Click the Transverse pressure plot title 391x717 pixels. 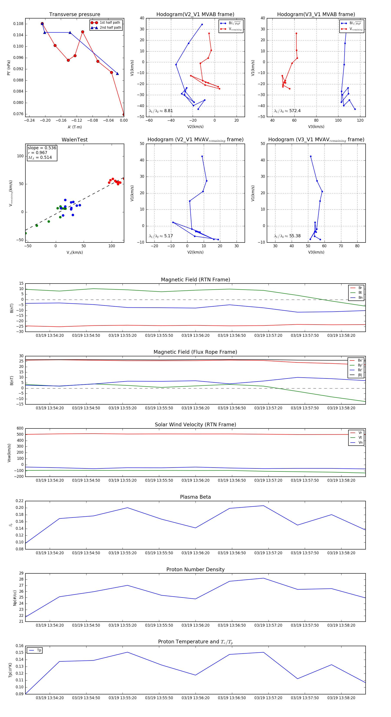coord(75,15)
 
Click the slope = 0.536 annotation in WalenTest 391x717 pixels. coord(42,148)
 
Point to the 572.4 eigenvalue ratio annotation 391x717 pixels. coord(287,111)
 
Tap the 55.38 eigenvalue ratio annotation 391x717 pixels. coord(287,236)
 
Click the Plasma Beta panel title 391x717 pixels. coord(195,497)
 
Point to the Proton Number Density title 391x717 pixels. coord(195,569)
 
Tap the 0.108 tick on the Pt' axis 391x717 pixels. coord(18,24)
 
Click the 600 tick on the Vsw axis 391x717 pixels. coord(20,428)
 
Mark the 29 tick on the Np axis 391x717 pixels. coord(21,573)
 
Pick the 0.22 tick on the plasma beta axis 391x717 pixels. coord(20,501)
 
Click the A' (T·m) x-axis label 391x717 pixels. coord(75,127)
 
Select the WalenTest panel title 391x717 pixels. coord(75,140)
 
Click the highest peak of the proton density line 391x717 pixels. coord(263,578)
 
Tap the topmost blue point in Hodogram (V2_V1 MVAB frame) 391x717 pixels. coord(202,25)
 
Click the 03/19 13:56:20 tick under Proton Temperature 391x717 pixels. coord(195,698)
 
